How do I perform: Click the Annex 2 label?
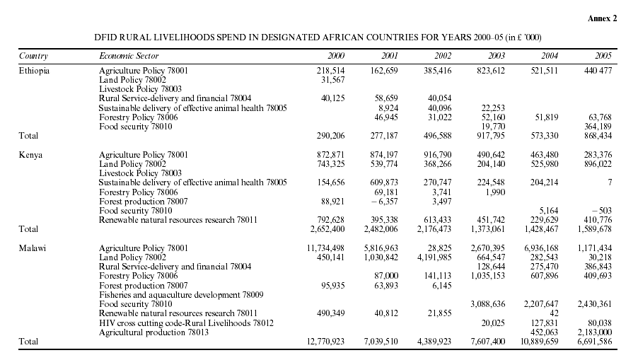[602, 18]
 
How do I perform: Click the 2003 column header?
[497, 56]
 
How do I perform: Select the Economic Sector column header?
[129, 56]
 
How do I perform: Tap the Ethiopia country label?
[34, 71]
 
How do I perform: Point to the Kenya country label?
[30, 155]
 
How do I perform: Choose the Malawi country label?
[32, 248]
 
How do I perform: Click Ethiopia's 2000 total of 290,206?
[330, 136]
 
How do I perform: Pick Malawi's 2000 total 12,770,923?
[325, 342]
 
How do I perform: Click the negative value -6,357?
[384, 202]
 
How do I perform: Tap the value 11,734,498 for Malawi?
[325, 248]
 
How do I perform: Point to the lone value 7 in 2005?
[610, 182]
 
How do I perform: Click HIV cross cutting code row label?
[186, 323]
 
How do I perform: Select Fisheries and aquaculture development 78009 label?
[181, 295]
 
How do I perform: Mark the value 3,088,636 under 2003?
[488, 304]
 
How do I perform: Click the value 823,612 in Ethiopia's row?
[491, 71]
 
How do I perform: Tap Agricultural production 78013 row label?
[153, 332]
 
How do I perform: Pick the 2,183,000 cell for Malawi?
[594, 332]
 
